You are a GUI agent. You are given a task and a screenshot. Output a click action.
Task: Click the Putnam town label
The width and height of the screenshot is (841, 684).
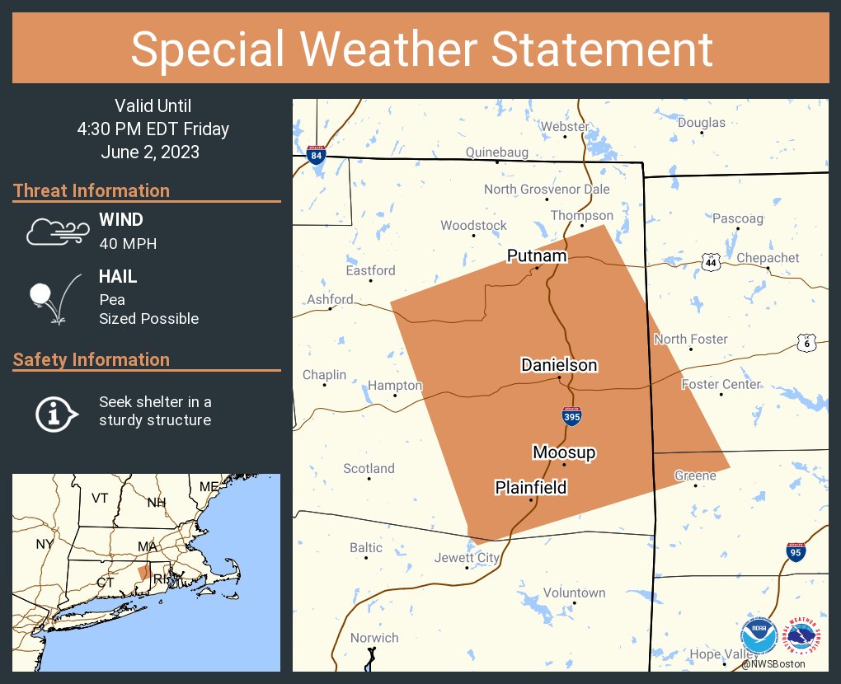(537, 256)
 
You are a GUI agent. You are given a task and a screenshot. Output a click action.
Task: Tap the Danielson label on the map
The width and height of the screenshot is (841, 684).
(559, 365)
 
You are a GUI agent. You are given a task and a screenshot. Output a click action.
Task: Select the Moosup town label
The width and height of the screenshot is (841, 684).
(564, 452)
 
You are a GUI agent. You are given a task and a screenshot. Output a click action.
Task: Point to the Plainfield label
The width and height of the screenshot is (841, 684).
(531, 488)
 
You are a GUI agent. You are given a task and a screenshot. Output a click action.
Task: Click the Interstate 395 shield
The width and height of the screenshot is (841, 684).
(571, 416)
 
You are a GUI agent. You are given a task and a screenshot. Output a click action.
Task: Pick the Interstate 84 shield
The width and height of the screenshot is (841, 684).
(317, 152)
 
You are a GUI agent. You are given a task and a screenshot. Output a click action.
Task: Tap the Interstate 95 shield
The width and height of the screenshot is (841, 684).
(796, 551)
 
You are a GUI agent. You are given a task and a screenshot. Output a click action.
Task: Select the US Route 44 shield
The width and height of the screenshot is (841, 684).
(712, 261)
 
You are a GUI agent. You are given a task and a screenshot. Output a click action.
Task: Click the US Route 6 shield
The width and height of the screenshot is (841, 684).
(806, 342)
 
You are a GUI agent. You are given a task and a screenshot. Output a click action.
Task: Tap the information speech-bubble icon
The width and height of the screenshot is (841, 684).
(56, 411)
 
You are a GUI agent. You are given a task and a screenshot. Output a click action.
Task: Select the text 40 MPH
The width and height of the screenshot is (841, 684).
(128, 243)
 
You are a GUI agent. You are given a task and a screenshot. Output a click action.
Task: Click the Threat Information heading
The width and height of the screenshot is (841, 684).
(92, 190)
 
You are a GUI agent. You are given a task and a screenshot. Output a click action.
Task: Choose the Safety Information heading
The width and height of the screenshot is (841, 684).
(92, 359)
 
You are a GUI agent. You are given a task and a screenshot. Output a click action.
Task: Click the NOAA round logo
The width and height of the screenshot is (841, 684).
(759, 637)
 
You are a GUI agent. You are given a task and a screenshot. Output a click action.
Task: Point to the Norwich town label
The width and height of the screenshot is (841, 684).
(374, 638)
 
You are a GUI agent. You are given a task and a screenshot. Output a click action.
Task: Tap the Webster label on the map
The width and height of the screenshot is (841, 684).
(565, 127)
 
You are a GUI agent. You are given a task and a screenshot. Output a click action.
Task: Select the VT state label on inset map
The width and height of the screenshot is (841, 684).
(100, 498)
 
